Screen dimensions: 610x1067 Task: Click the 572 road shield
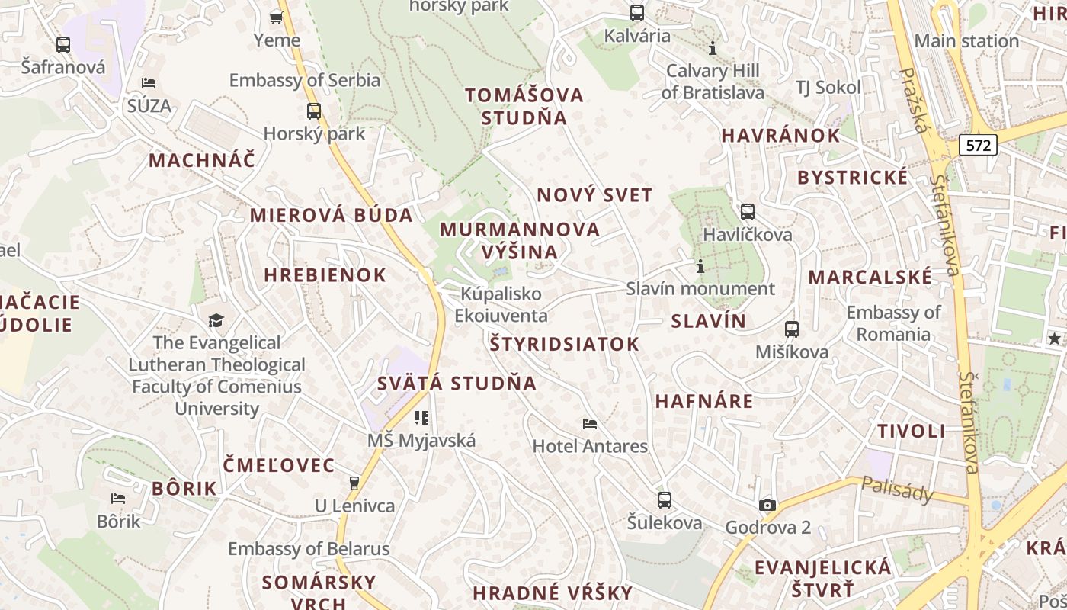(x=978, y=145)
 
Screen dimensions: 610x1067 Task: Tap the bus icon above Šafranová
(x=63, y=44)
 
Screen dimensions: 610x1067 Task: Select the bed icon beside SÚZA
(x=149, y=83)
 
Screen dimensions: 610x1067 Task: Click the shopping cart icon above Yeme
(x=277, y=17)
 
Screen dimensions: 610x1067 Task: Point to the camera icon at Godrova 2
(x=767, y=505)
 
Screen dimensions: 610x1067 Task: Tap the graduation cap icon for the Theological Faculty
(x=216, y=320)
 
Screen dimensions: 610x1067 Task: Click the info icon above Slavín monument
(x=700, y=267)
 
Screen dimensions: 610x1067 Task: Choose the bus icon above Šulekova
(x=665, y=500)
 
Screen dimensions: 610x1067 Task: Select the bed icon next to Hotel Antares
(x=589, y=423)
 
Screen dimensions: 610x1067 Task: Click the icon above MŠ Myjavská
(x=421, y=417)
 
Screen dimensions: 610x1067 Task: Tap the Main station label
(x=966, y=41)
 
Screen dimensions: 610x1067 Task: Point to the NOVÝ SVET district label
(x=594, y=195)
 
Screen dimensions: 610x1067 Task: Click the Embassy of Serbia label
(x=304, y=80)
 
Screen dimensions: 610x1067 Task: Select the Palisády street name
(x=897, y=490)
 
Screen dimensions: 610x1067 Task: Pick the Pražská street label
(x=912, y=99)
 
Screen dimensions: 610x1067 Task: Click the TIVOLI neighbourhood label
(x=911, y=431)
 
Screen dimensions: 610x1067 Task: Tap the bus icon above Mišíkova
(x=792, y=329)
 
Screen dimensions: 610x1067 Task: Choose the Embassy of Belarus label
(x=309, y=548)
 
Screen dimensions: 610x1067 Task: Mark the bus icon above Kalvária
(x=636, y=13)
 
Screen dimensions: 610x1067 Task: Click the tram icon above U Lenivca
(x=354, y=483)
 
